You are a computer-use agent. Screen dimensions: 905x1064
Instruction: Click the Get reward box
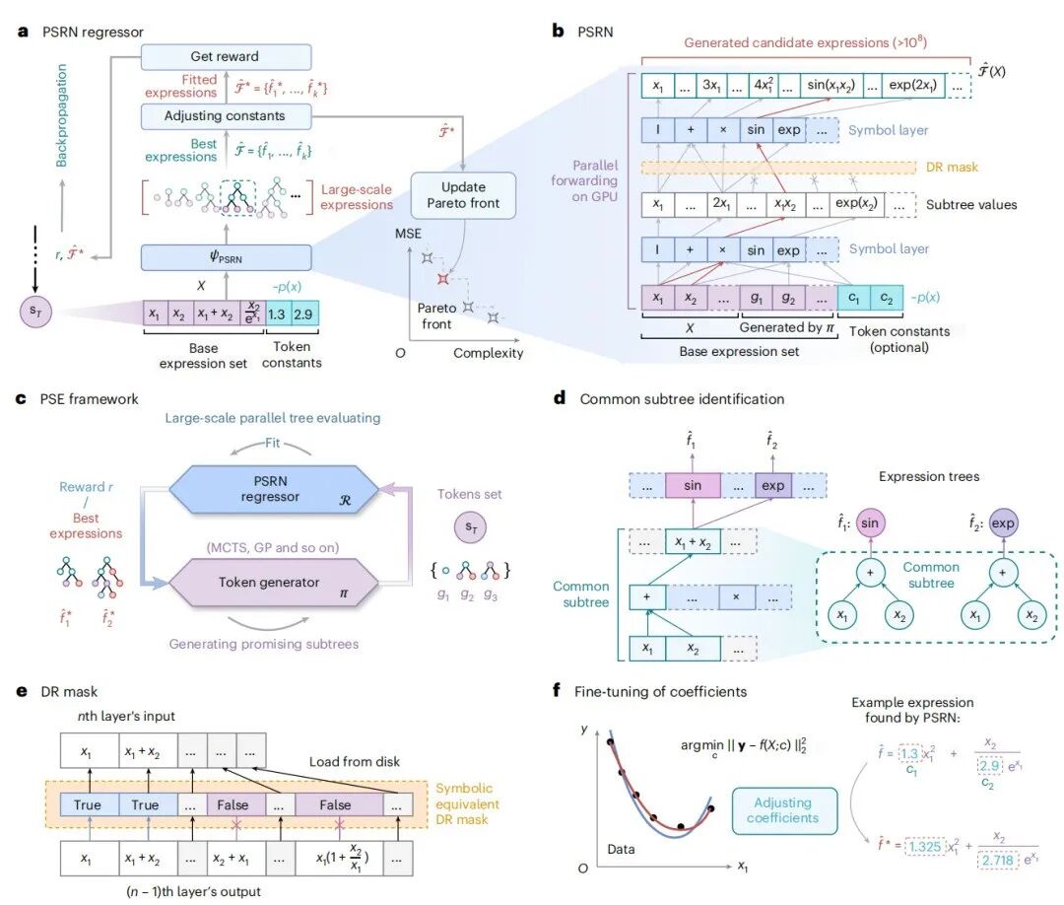226,56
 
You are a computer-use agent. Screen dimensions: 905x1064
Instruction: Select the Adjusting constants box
226,116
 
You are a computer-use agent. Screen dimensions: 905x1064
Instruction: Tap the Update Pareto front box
463,194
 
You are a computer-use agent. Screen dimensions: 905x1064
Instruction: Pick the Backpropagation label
61,116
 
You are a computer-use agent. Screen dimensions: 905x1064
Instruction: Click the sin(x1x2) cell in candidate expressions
830,86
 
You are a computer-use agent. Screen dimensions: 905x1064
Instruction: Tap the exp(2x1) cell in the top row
910,86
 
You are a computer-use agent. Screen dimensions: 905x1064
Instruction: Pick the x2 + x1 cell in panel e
233,857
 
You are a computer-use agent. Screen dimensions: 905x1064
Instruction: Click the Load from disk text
355,761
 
